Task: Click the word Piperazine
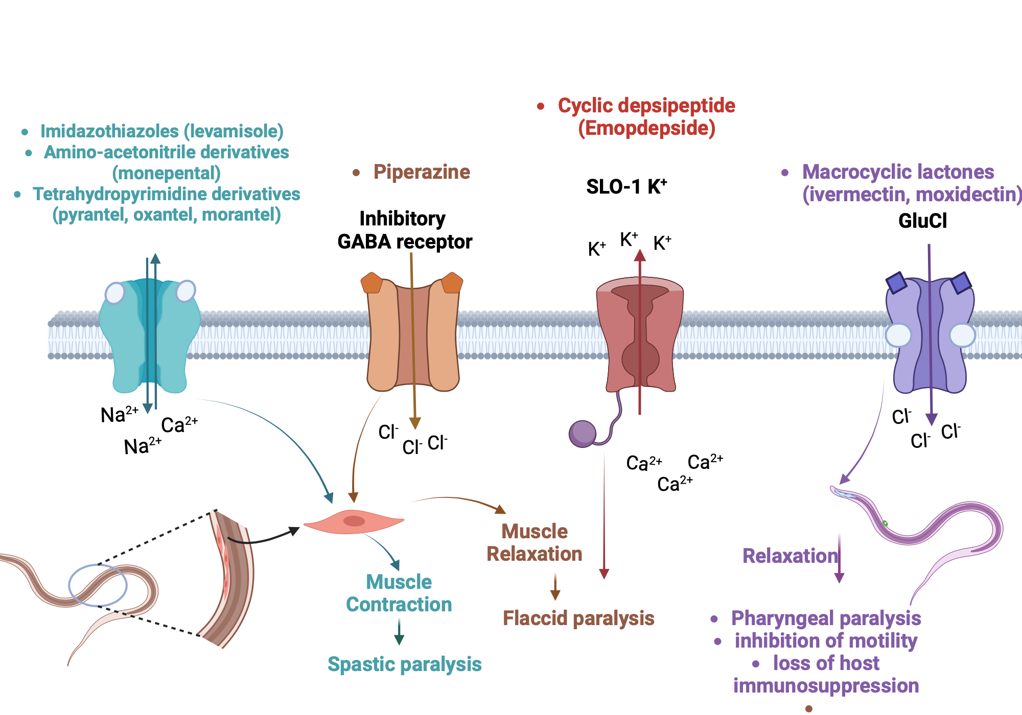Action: [422, 172]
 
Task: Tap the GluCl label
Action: [922, 221]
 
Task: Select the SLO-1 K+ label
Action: [626, 187]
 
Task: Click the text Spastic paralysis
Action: [404, 664]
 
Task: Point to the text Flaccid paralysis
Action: [578, 618]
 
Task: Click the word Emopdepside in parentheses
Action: [646, 128]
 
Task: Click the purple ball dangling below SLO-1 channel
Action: [583, 434]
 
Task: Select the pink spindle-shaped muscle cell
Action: [354, 521]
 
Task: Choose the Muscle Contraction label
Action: [399, 593]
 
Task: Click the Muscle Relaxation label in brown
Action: [535, 543]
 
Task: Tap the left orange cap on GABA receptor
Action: [372, 283]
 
